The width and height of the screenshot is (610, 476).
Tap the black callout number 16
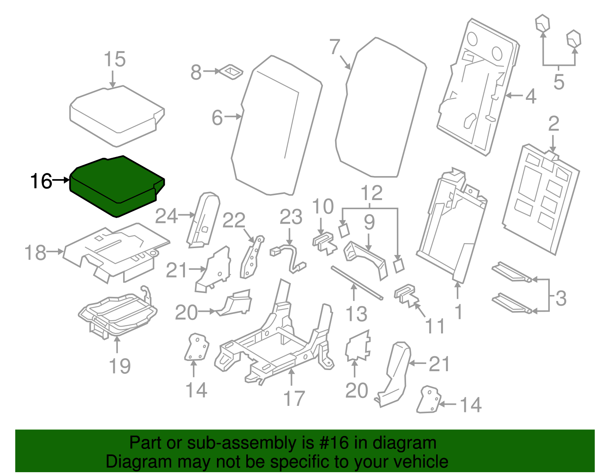[x=41, y=181]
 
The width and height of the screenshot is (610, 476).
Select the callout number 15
[x=114, y=59]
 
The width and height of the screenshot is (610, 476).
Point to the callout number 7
[x=334, y=47]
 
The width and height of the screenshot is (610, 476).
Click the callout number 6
[x=217, y=117]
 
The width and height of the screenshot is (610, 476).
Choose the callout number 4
[x=531, y=96]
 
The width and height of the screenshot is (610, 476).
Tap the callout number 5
[x=559, y=82]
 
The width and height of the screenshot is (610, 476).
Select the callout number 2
[x=554, y=124]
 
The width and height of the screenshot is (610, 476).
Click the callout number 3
[x=560, y=298]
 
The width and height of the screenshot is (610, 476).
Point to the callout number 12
[x=371, y=193]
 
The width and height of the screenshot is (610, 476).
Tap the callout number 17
[x=294, y=398]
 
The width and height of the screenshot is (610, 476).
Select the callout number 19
[x=120, y=366]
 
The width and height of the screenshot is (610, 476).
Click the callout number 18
[x=35, y=253]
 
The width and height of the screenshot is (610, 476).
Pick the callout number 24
[x=167, y=216]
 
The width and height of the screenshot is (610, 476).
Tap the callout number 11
[x=435, y=326]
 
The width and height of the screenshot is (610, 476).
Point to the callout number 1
[x=459, y=312]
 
